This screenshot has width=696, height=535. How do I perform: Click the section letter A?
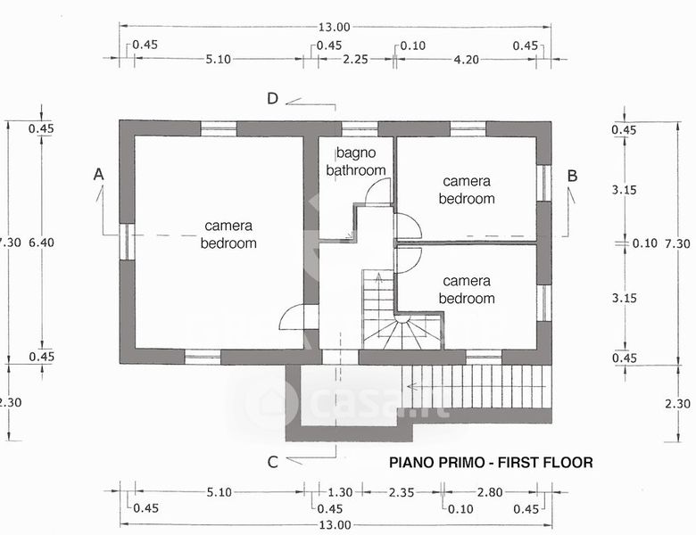click(99, 177)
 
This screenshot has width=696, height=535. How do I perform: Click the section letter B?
click(572, 177)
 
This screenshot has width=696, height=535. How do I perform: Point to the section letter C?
click(274, 461)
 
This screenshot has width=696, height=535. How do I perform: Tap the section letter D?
click(274, 98)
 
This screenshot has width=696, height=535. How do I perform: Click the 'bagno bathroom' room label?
click(356, 162)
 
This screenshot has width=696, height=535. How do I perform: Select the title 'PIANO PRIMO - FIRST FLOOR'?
click(491, 463)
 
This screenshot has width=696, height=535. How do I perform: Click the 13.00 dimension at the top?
click(336, 27)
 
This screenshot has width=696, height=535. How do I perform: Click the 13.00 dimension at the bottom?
click(336, 524)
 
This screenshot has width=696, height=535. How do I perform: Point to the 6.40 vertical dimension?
click(42, 242)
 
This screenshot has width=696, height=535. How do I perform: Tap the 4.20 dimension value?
click(468, 60)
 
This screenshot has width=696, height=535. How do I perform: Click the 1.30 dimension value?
click(340, 491)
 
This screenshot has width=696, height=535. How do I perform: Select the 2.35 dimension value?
click(402, 491)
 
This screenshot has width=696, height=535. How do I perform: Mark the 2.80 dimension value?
click(490, 491)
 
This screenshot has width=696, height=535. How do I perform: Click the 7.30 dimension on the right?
click(679, 243)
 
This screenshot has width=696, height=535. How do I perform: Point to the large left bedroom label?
click(228, 235)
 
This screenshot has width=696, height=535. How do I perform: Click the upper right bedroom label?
click(466, 190)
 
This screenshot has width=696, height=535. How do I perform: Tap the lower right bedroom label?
click(466, 289)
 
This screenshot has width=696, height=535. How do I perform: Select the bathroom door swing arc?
click(379, 189)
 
